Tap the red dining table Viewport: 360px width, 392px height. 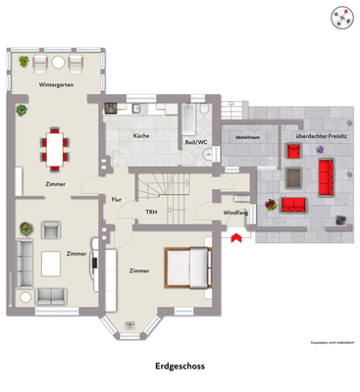pyautogui.click(x=55, y=148)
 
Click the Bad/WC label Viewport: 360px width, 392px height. pyautogui.click(x=195, y=143)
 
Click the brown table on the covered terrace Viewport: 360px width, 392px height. pyautogui.click(x=293, y=177)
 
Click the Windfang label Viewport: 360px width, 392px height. pyautogui.click(x=235, y=213)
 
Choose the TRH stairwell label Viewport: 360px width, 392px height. pyautogui.click(x=151, y=213)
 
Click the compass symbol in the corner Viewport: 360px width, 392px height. pyautogui.click(x=340, y=17)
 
